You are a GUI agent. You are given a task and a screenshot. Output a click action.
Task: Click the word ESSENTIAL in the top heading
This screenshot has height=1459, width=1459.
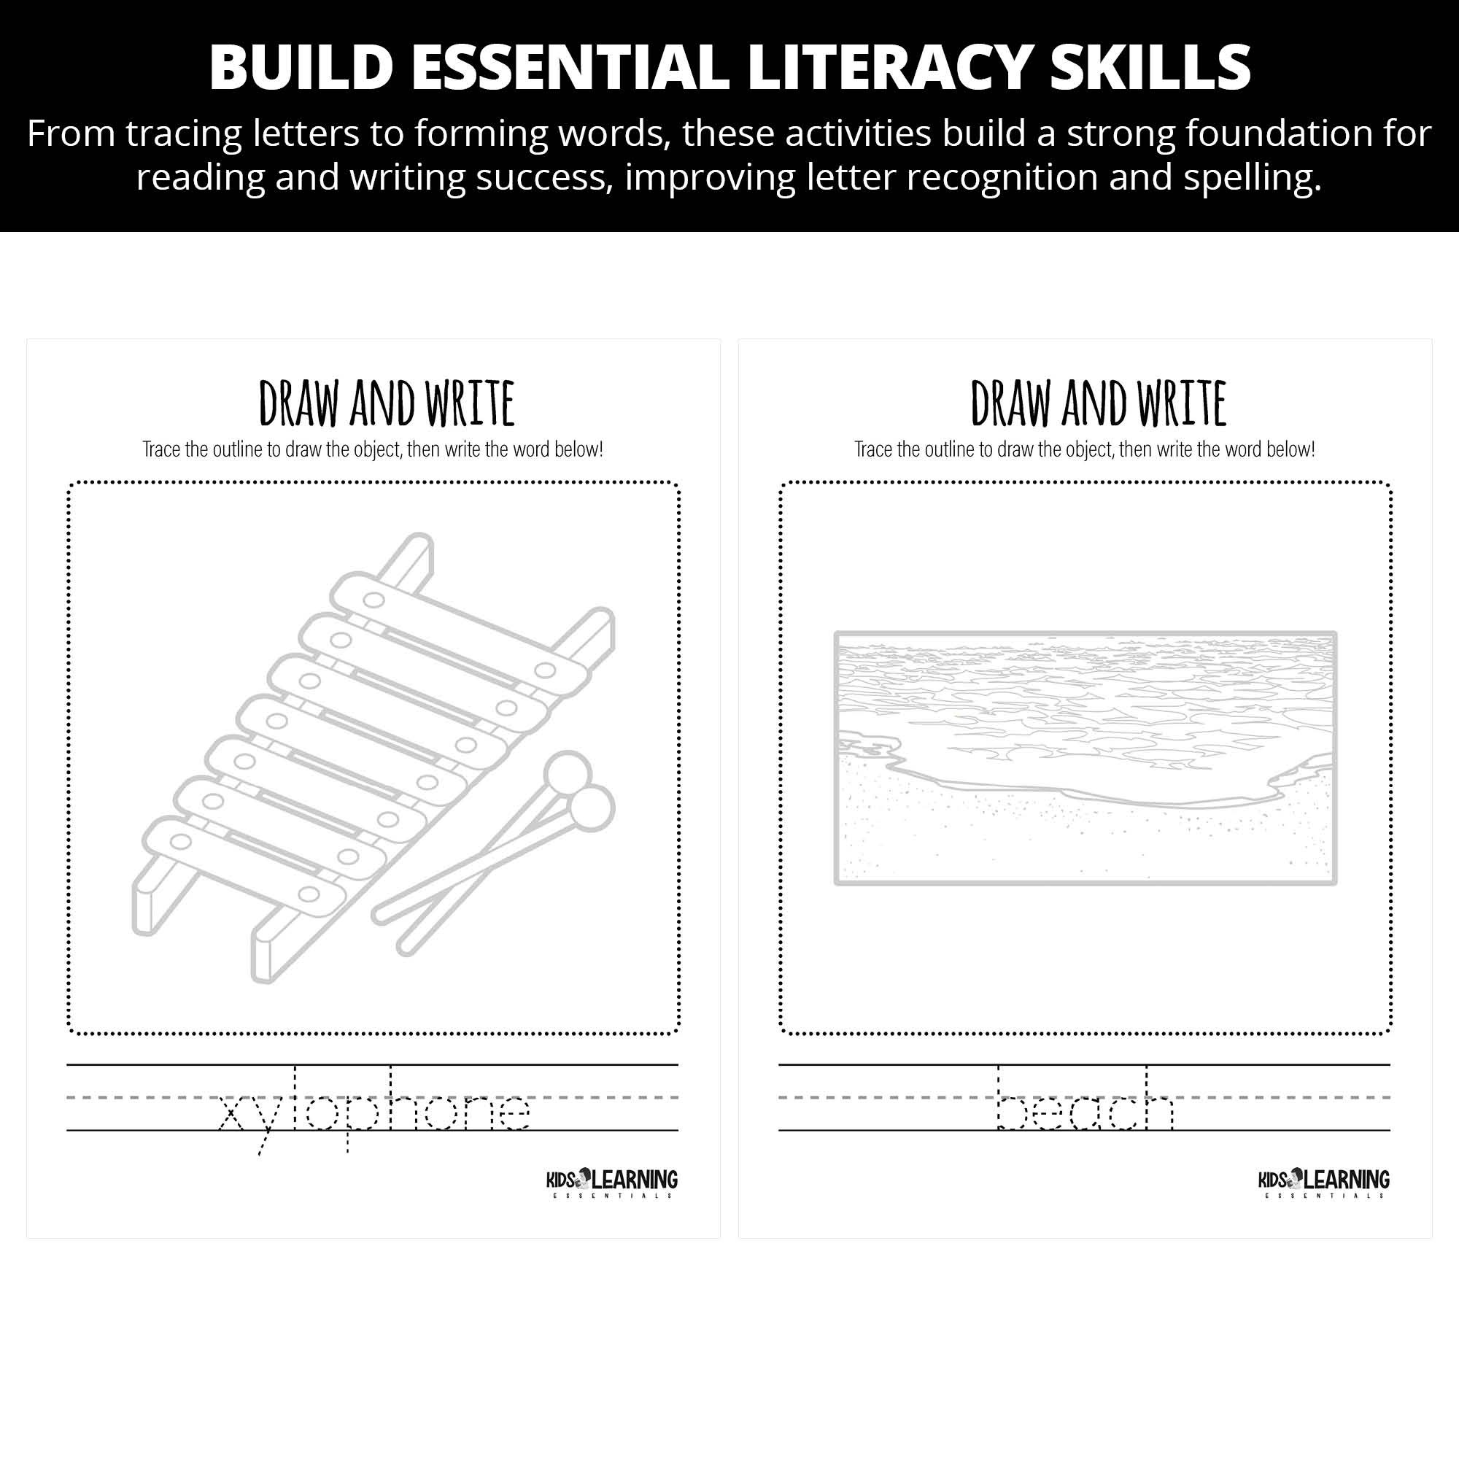570,67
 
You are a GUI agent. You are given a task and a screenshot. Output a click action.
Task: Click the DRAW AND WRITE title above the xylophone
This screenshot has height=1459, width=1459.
387,403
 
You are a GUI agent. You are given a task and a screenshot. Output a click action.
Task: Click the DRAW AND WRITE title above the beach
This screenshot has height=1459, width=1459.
1098,403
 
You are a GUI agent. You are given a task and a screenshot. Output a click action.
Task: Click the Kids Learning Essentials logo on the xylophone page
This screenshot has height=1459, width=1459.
612,1183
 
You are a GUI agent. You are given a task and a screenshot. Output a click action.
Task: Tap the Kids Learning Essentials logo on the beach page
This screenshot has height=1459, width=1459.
1324,1183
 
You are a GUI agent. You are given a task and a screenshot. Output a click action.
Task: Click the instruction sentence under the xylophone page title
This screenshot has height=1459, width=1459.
373,449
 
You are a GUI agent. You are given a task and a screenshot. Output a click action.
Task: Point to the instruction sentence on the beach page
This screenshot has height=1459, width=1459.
1085,449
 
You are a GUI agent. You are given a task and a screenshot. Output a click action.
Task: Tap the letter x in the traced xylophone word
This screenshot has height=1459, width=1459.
232,1113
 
